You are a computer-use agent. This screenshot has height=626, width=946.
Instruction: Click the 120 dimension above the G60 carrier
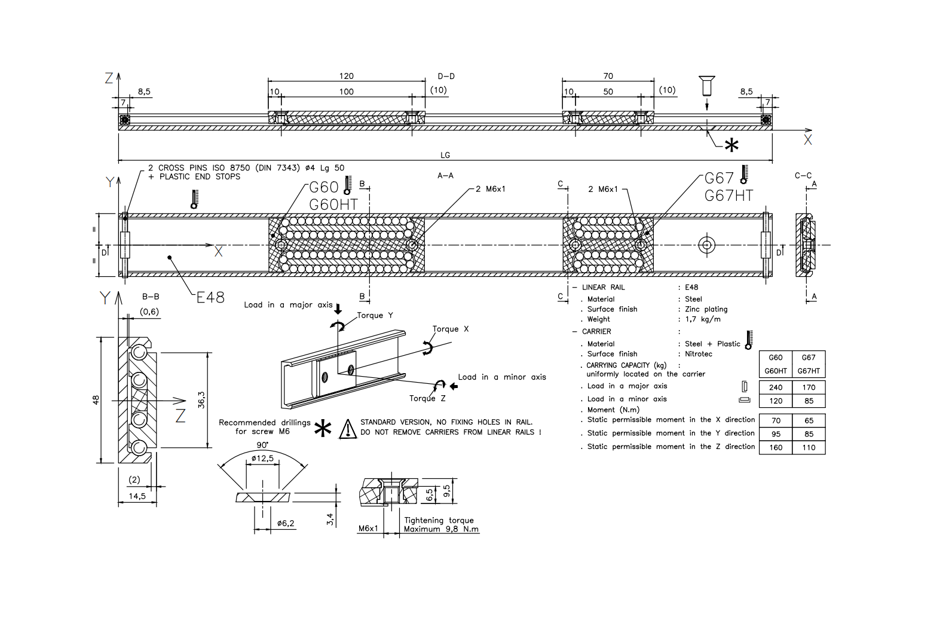click(x=346, y=76)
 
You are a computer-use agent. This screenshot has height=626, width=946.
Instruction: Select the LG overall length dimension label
click(x=445, y=155)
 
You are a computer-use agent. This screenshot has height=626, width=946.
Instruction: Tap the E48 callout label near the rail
click(x=210, y=297)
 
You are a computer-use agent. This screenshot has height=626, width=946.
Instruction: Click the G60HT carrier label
click(x=333, y=204)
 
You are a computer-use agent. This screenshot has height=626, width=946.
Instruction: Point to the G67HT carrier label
click(x=728, y=196)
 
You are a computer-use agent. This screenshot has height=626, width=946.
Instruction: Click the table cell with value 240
click(x=776, y=387)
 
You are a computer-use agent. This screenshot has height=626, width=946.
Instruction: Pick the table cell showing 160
click(x=776, y=447)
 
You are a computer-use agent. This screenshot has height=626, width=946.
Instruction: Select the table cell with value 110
click(x=809, y=447)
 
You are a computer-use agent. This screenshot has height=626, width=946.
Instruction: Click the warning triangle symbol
click(x=348, y=429)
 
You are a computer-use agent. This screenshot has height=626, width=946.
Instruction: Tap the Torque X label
click(x=451, y=329)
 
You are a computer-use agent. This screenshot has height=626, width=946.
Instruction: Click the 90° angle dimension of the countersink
click(x=262, y=445)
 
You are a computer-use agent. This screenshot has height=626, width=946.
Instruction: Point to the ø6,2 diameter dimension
click(x=286, y=523)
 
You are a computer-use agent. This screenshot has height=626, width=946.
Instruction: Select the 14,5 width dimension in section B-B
click(x=137, y=496)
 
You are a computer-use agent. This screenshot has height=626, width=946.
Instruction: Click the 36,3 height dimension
click(x=201, y=400)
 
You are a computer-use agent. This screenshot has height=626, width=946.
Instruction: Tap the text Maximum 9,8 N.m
click(x=441, y=529)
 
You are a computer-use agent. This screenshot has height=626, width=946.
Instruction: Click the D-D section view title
click(x=446, y=77)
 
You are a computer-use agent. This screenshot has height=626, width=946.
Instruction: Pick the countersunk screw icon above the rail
click(x=706, y=85)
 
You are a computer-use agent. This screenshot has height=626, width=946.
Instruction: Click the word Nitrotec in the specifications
click(x=698, y=354)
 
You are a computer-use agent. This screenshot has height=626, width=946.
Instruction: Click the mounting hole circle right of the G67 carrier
click(x=706, y=245)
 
